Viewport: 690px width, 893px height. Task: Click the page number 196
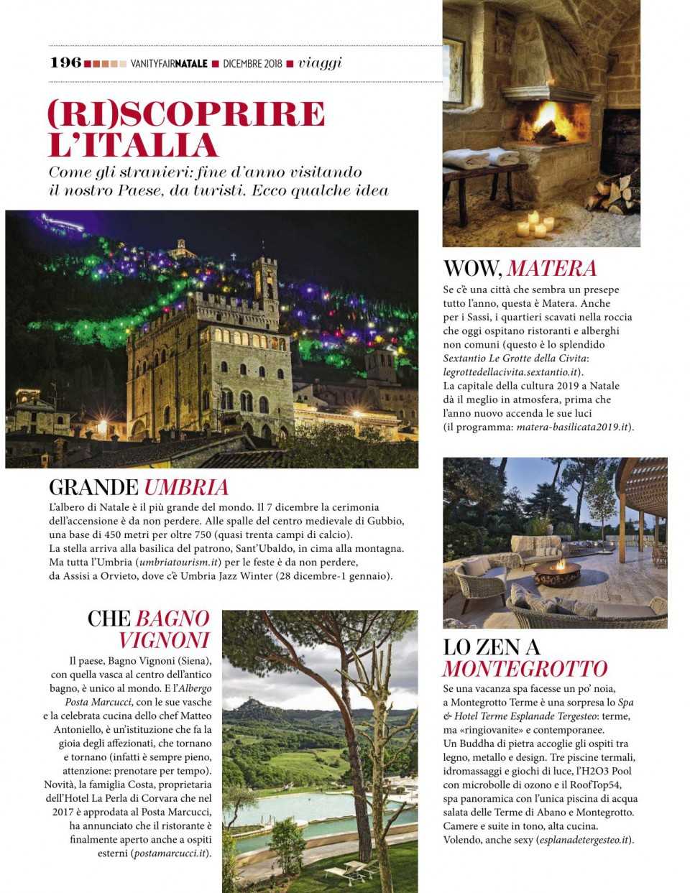pyautogui.click(x=65, y=63)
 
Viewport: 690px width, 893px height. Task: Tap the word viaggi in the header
pyautogui.click(x=320, y=63)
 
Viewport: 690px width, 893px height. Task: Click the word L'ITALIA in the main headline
pyautogui.click(x=133, y=144)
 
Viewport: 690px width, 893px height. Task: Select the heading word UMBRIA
pyautogui.click(x=186, y=488)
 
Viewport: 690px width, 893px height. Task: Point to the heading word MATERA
pyautogui.click(x=551, y=269)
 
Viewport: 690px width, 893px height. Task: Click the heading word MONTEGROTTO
pyautogui.click(x=525, y=669)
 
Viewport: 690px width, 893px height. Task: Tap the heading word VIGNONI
pyautogui.click(x=164, y=640)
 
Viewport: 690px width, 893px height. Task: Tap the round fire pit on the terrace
pyautogui.click(x=557, y=574)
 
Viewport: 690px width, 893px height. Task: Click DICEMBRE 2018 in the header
pyautogui.click(x=252, y=63)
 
